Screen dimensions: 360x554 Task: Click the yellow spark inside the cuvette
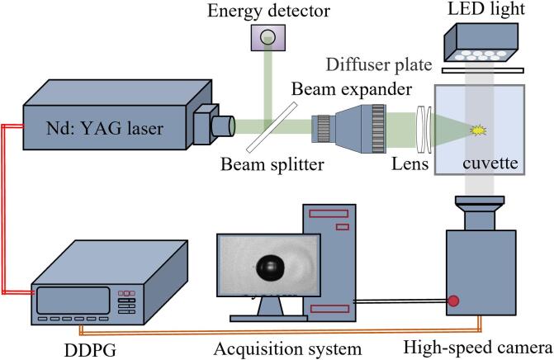pos(476,129)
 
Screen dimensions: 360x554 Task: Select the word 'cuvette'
pos(490,163)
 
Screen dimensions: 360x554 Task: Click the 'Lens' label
pos(411,164)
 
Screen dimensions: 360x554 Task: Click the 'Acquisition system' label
pos(286,348)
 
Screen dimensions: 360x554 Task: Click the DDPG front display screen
pos(73,301)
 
